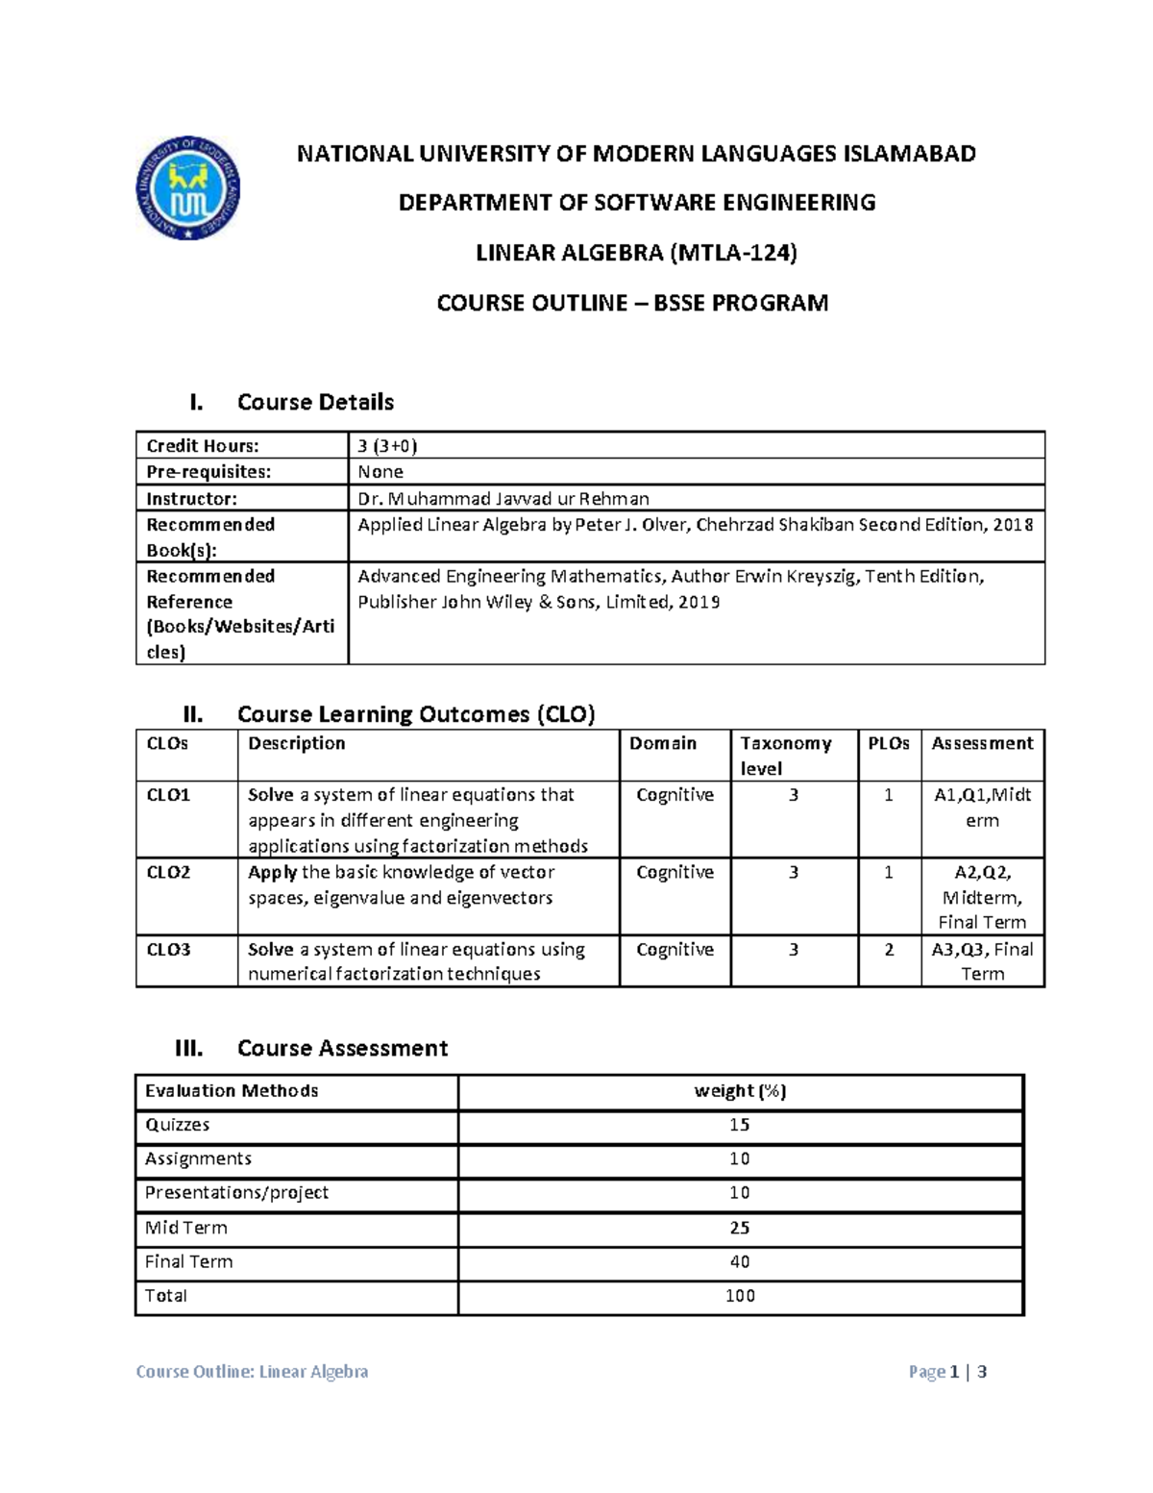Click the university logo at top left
pos(187,188)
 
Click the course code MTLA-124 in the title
pos(733,253)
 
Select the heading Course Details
pos(315,402)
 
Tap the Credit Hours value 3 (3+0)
pos(387,445)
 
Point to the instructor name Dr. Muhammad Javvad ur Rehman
pos(503,498)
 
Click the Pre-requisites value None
pos(380,472)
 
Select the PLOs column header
pos(889,743)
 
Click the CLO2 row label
pos(168,872)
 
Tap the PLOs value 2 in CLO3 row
pos(889,950)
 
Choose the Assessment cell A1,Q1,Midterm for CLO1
pos(982,808)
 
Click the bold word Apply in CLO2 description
pos(272,872)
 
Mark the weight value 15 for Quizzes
pos(740,1125)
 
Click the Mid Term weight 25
pos(740,1228)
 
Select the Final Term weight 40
pos(740,1261)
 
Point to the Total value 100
pos(740,1296)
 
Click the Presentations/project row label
pos(236,1193)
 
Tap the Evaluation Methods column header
pos(232,1091)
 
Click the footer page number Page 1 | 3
pos(947,1372)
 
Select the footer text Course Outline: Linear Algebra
pos(252,1372)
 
